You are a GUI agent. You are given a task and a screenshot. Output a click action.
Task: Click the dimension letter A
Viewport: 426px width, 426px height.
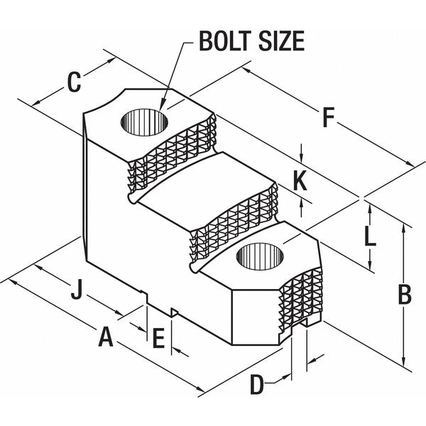pos(105,337)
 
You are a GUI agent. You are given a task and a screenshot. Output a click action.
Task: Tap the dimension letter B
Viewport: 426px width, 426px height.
pos(405,294)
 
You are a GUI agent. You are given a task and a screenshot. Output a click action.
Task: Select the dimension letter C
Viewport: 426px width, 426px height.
pos(74,82)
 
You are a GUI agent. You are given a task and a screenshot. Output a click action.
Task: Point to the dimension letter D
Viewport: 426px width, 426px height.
pos(257,384)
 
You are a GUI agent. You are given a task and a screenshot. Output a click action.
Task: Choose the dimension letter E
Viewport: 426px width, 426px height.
pos(158,338)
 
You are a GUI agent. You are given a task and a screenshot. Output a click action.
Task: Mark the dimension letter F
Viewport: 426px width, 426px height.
pos(329,117)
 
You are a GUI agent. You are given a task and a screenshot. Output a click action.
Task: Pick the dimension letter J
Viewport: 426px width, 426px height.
pos(77,289)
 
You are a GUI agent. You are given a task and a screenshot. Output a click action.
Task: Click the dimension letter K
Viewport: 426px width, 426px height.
pos(300,180)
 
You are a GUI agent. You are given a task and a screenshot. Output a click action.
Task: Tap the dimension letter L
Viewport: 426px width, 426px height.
pos(370,236)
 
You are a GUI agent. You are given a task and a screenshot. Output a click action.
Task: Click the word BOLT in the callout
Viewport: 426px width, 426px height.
pos(225,41)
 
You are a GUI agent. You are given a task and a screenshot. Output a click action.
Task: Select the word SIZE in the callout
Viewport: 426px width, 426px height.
pos(281,41)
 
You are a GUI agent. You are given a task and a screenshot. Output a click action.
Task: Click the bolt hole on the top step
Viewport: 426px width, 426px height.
pos(144,122)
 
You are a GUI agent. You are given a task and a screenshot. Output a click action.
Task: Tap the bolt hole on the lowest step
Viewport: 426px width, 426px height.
pos(260,257)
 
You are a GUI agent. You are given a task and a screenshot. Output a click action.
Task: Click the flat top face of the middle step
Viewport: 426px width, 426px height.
pos(207,190)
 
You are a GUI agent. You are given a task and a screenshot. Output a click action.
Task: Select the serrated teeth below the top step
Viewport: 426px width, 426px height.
pos(172,155)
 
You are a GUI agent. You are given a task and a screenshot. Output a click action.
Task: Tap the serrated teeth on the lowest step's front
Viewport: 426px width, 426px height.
pos(300,299)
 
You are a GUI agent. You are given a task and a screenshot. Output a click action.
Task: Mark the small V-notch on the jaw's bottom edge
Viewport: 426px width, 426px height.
pos(174,312)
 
